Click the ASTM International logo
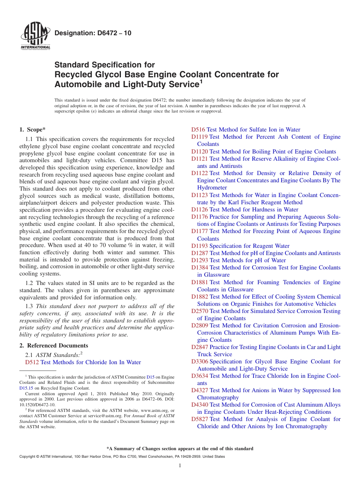(x=35, y=36)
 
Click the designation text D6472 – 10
(x=93, y=33)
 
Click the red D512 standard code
(x=32, y=362)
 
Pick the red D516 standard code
(x=198, y=130)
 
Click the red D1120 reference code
(x=199, y=152)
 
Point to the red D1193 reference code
(x=199, y=246)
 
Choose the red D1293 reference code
(x=199, y=260)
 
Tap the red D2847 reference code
(x=199, y=347)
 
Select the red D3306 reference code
(x=199, y=361)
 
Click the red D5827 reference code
(x=199, y=419)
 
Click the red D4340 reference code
(x=199, y=405)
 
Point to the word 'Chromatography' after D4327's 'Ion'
(x=218, y=397)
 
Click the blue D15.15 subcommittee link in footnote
(x=26, y=388)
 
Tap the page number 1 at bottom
(x=180, y=466)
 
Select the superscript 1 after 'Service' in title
(x=201, y=81)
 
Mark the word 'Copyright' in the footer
(x=28, y=457)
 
